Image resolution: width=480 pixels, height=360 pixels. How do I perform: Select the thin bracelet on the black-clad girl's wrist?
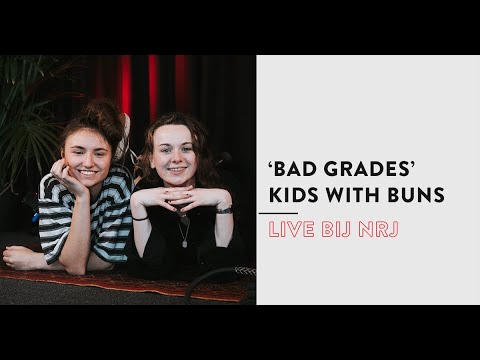pyautogui.click(x=140, y=217)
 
